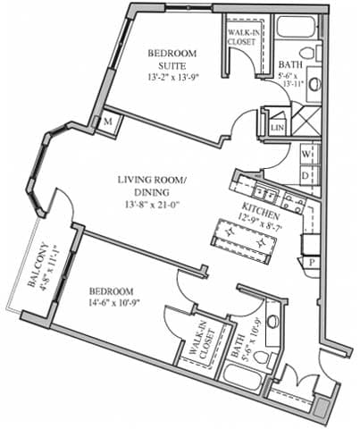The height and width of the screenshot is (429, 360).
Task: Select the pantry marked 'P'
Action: coord(312,264)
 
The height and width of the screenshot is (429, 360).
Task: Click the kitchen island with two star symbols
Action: coord(242,238)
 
